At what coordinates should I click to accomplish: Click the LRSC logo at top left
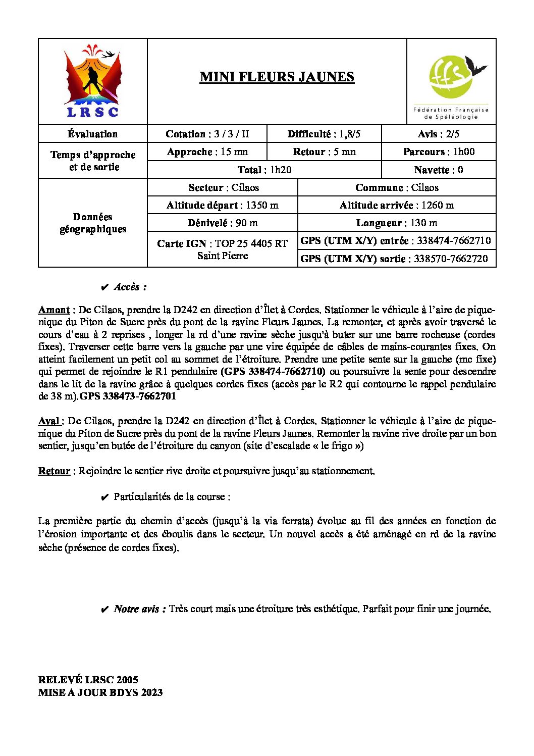click(x=93, y=82)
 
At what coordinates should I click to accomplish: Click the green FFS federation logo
click(x=452, y=81)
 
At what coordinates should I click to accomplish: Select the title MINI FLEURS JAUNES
click(x=277, y=77)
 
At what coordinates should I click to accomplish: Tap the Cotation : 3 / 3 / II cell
click(x=207, y=134)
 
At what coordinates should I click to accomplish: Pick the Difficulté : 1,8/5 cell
click(x=324, y=134)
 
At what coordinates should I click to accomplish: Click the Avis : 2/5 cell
click(x=438, y=134)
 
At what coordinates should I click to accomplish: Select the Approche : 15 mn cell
click(x=207, y=152)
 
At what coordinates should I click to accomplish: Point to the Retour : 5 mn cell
click(x=324, y=152)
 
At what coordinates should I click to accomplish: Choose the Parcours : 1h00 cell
click(x=438, y=152)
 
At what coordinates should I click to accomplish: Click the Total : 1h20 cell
click(x=264, y=170)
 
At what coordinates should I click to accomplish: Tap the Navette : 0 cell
click(x=438, y=170)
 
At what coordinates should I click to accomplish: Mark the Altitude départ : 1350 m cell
click(x=222, y=205)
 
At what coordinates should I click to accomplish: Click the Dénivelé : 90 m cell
click(x=222, y=223)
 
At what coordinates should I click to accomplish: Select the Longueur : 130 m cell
click(x=396, y=223)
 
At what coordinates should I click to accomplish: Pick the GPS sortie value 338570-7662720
click(x=451, y=259)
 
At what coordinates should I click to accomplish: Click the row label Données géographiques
click(x=93, y=223)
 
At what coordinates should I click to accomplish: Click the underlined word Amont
click(x=54, y=310)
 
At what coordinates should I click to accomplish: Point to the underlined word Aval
click(x=49, y=421)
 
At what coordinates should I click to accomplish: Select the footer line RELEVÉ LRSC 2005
click(x=88, y=680)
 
